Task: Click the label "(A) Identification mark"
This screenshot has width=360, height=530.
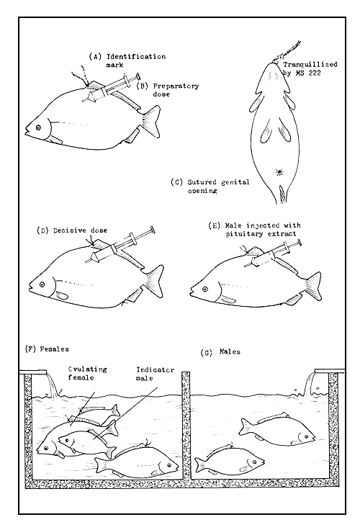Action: point(127,60)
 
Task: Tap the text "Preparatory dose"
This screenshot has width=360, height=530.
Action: point(176,90)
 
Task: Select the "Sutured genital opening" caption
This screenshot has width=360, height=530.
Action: point(218,187)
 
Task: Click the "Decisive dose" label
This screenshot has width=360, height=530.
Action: point(81,230)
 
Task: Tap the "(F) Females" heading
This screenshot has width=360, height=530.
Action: point(47,349)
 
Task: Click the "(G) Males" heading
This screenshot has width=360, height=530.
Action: point(220,352)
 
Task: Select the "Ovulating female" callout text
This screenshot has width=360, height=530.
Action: point(88,373)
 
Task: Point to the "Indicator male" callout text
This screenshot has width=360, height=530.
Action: point(155,374)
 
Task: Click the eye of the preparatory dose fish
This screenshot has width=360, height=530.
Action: point(38,127)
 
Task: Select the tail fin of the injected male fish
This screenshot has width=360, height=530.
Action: point(313,284)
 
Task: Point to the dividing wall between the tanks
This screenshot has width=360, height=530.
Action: point(186,425)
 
